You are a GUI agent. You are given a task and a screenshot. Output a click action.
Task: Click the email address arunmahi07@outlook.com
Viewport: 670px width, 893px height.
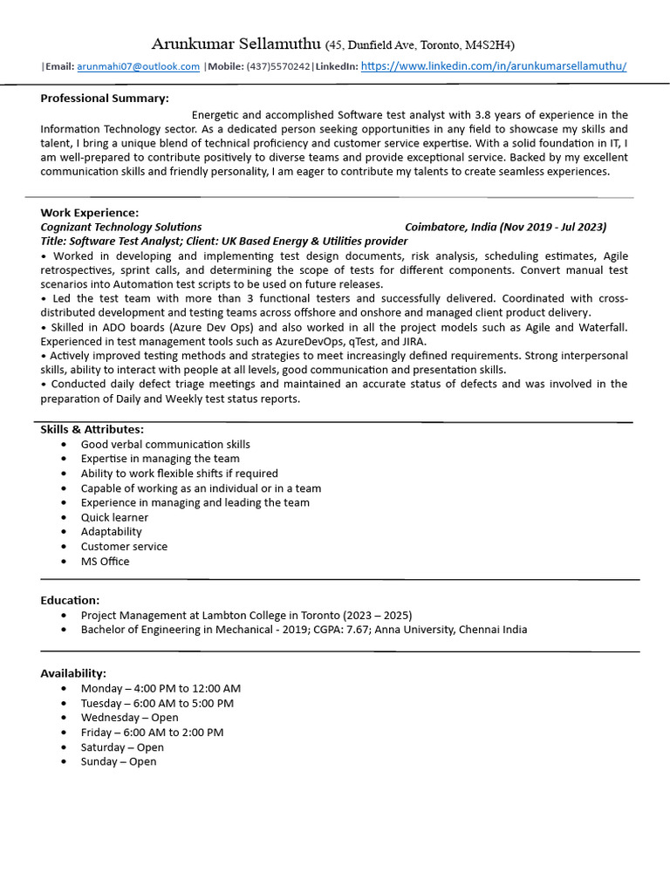point(138,66)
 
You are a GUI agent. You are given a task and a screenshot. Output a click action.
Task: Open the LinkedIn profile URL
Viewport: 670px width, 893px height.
point(493,66)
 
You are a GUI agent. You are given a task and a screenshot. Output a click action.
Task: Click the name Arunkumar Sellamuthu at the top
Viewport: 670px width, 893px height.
point(236,44)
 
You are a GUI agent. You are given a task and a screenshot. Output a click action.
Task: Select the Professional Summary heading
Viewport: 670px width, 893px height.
point(105,99)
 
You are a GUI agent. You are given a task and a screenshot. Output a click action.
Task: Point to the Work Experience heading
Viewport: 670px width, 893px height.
point(89,212)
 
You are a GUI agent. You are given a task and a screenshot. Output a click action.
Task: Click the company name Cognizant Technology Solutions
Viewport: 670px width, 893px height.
point(121,227)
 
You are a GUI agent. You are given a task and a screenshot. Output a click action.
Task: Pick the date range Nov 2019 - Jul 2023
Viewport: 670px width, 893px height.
point(553,227)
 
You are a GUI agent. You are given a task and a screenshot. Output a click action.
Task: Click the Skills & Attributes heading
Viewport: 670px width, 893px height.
point(92,429)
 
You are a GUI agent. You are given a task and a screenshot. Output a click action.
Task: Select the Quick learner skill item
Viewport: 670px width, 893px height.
point(114,517)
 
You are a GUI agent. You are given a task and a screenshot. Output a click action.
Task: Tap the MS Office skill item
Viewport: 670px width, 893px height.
point(105,562)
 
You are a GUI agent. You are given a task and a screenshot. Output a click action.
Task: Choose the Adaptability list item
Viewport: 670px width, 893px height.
point(111,532)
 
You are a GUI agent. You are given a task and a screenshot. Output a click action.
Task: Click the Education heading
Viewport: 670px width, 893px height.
point(70,600)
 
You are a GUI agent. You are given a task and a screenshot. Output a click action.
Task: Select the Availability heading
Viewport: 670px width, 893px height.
point(73,673)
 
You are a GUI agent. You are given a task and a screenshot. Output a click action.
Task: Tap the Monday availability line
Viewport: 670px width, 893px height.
point(161,688)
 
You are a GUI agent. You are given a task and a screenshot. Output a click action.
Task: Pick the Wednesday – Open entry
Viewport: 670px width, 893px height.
point(129,718)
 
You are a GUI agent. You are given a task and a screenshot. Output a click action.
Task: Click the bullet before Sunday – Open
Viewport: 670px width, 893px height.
point(65,762)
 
